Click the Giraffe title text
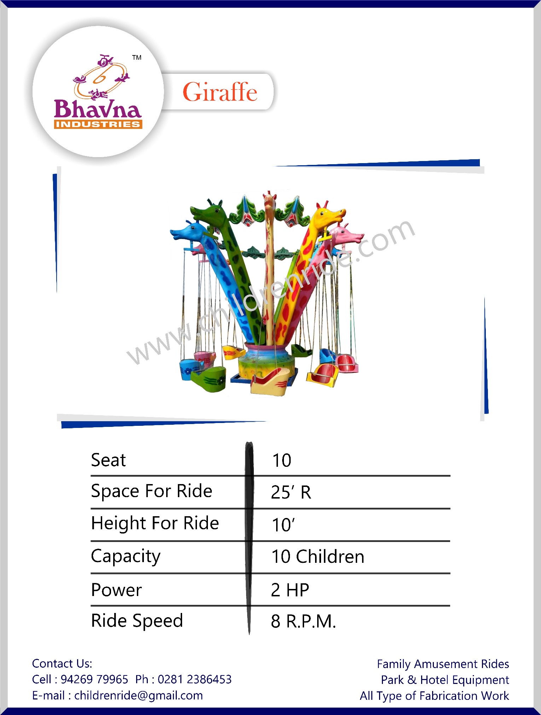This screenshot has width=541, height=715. click(220, 92)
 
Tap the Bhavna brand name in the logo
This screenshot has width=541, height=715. click(98, 109)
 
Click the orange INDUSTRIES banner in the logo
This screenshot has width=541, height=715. click(98, 124)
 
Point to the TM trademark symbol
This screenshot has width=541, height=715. click(137, 58)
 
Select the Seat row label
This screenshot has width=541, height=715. click(108, 460)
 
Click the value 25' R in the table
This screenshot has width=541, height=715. click(291, 492)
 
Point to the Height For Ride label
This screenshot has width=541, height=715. click(155, 523)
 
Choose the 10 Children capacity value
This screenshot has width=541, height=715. click(318, 556)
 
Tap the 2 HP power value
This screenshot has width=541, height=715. click(290, 590)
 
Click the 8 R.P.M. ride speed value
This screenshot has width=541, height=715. click(303, 621)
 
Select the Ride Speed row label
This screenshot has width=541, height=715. click(137, 621)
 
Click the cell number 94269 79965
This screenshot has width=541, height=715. click(94, 679)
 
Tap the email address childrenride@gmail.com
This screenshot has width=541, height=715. click(139, 696)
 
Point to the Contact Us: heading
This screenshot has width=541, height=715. click(62, 663)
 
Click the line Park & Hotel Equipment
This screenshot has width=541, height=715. click(445, 680)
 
